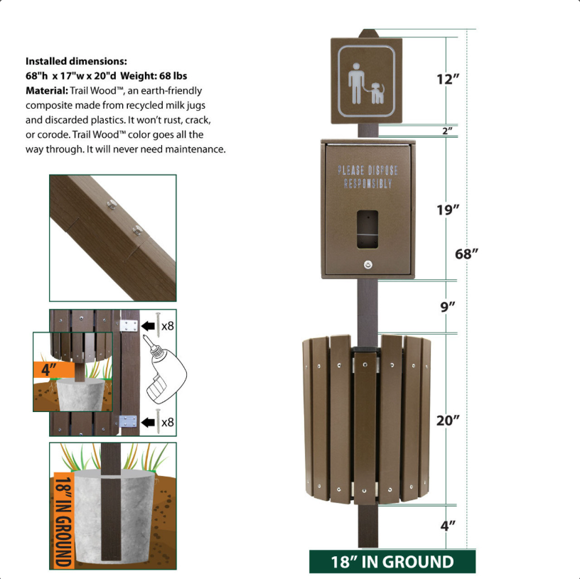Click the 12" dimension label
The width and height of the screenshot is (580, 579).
[448, 79]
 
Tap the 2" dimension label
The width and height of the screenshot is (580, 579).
[447, 131]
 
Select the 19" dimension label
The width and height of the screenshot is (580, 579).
[448, 210]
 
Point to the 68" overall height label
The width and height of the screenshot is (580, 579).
[466, 254]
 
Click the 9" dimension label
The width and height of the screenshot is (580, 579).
[448, 307]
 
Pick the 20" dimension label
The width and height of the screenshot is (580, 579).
[448, 421]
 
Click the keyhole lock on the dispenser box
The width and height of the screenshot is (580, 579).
[367, 264]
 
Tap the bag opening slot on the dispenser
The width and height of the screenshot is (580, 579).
[367, 229]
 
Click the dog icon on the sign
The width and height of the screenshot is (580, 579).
[377, 93]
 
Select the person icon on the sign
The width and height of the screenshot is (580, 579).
[356, 84]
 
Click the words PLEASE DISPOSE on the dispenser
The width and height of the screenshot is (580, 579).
[367, 171]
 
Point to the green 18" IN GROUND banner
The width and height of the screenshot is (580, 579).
[392, 561]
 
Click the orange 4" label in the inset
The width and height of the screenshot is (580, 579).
[49, 369]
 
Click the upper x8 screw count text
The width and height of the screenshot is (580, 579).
[168, 326]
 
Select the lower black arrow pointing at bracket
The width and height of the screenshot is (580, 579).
[148, 422]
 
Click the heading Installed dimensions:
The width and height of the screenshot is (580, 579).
[76, 61]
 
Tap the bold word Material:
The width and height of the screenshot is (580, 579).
[47, 91]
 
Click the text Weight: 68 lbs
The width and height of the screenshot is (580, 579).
[154, 76]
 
